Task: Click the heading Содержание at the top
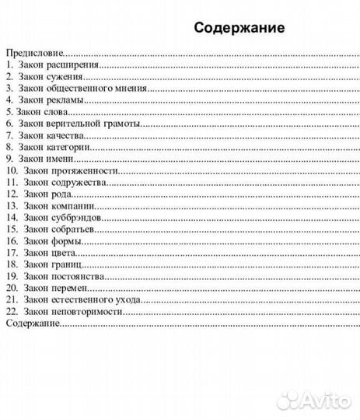click(239, 28)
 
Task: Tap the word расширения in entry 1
click(72, 66)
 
